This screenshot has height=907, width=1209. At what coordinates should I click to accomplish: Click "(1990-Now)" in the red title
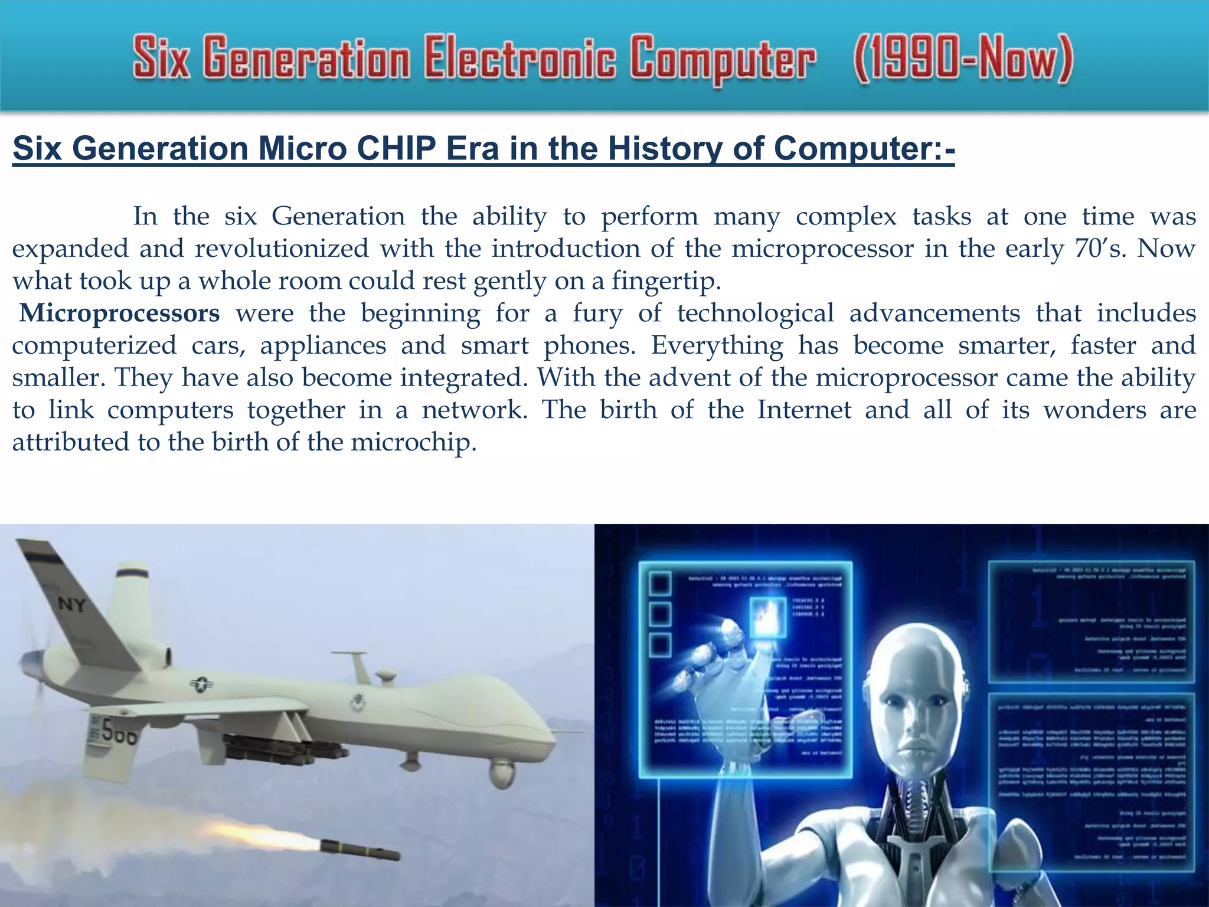(x=962, y=59)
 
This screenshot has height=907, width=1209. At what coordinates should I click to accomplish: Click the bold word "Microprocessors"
(x=120, y=313)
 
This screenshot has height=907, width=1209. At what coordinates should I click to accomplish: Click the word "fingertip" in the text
(x=665, y=281)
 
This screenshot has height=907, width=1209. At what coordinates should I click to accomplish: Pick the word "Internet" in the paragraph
(x=804, y=410)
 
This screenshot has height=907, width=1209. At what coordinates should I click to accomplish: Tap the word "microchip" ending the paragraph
(x=413, y=442)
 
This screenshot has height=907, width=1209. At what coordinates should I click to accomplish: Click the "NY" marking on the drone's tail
(x=72, y=604)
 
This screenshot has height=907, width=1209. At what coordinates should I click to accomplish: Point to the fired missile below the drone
(x=360, y=851)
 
